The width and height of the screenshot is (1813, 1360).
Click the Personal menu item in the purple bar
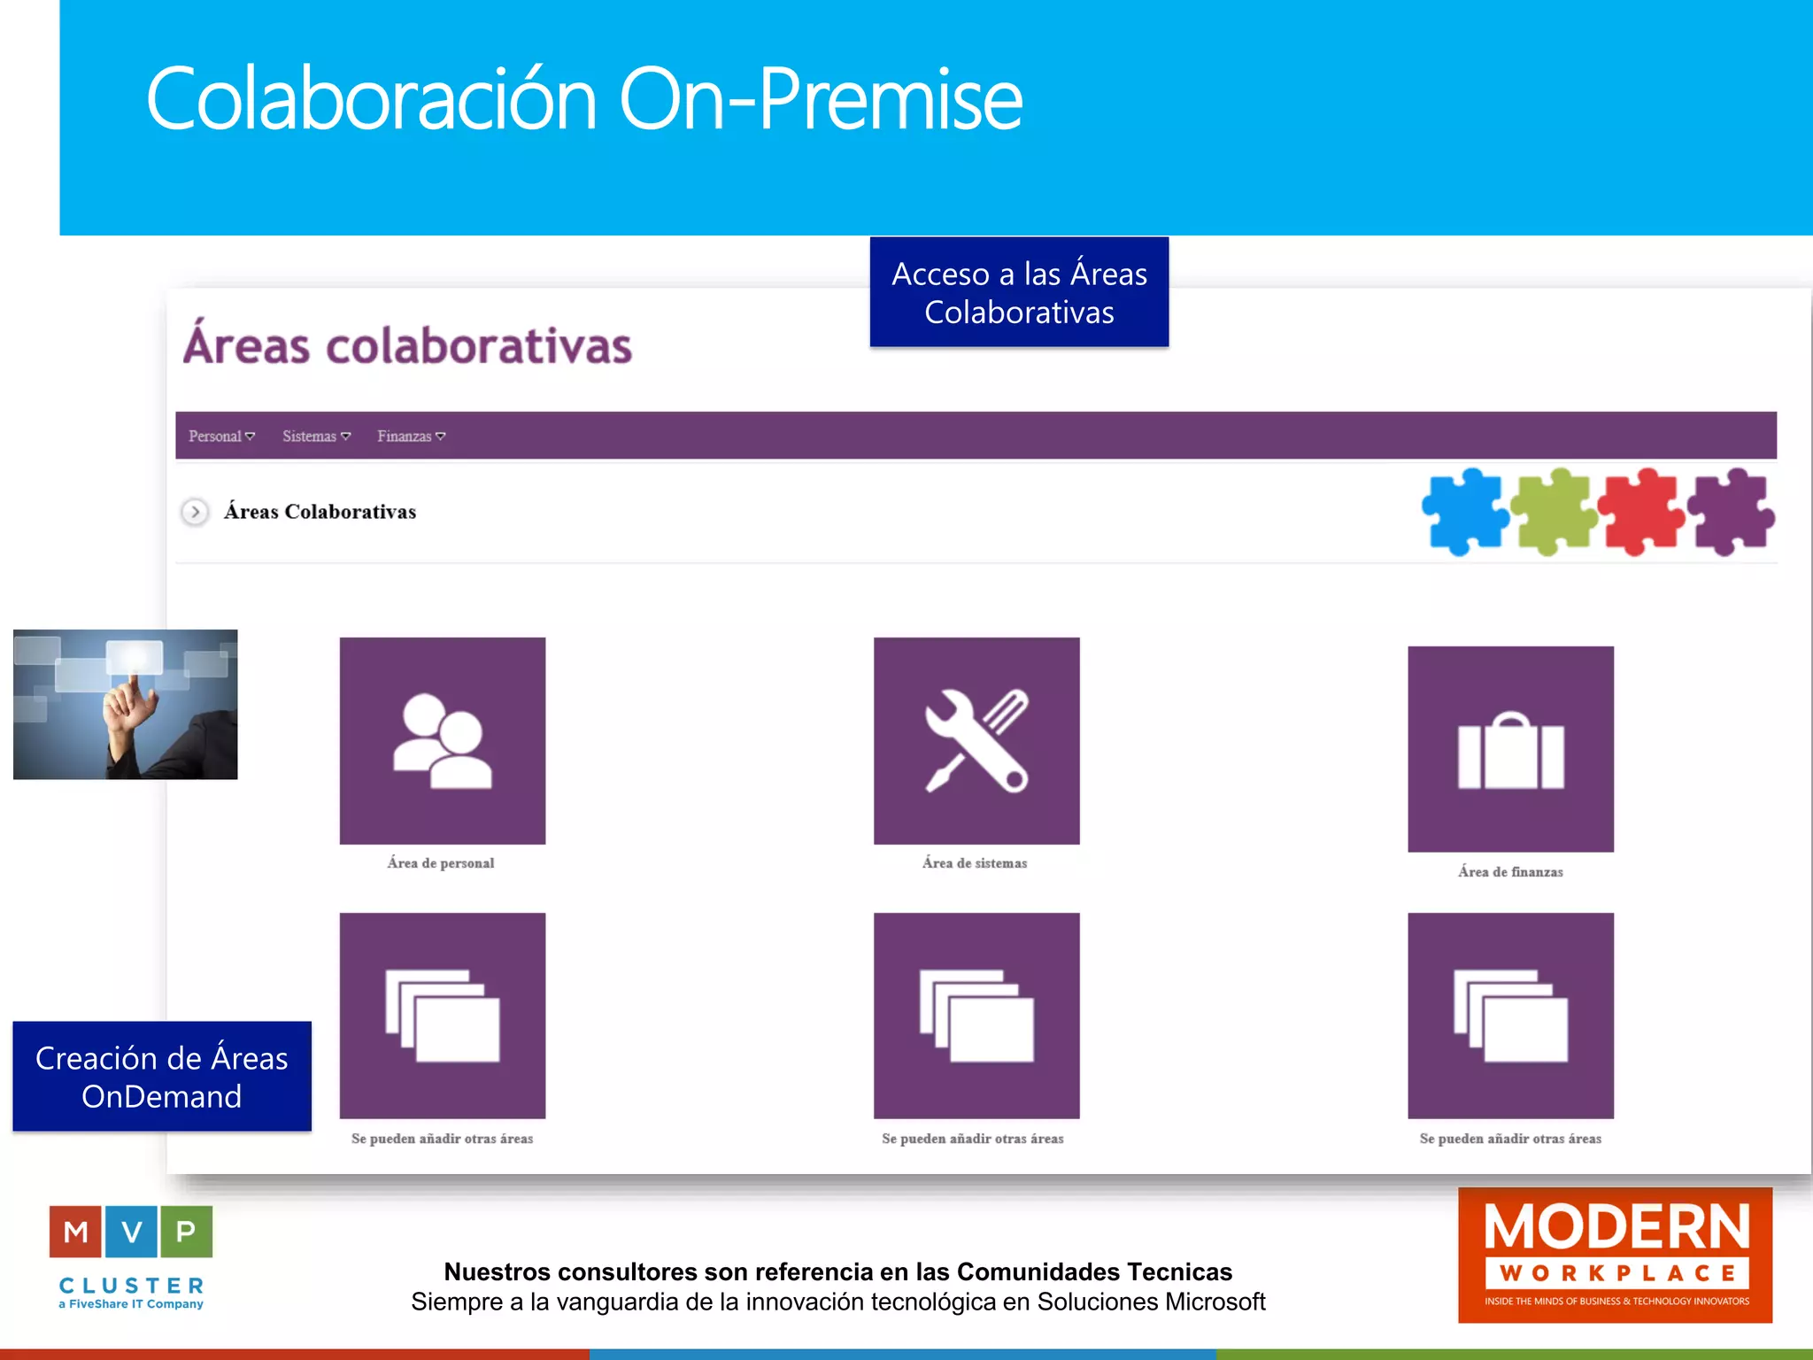(x=220, y=437)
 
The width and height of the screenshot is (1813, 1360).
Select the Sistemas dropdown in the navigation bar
(x=316, y=437)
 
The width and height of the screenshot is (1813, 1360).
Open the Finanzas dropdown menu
(x=411, y=437)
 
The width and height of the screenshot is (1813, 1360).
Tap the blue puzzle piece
(x=1465, y=512)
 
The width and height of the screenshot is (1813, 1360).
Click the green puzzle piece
(x=1554, y=512)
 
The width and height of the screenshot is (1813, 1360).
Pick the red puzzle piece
(x=1641, y=512)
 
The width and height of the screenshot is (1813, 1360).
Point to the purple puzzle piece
(x=1730, y=512)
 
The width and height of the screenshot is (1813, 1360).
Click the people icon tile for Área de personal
(x=443, y=740)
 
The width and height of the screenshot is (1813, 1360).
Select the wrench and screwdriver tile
(x=976, y=740)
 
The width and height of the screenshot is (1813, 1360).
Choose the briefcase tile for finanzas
(x=1510, y=749)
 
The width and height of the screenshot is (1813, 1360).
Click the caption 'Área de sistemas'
(x=975, y=863)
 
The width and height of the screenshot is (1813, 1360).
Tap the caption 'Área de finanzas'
(x=1510, y=872)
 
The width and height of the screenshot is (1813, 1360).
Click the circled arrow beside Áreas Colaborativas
(x=195, y=512)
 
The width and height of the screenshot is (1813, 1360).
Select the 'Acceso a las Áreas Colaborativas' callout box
(x=1019, y=292)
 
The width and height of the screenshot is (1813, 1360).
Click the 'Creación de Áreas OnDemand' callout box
(x=162, y=1077)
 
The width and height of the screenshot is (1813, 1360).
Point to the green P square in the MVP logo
(x=186, y=1232)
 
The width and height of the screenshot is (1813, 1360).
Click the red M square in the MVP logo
(x=76, y=1232)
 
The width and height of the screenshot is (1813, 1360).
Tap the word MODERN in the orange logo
(x=1616, y=1227)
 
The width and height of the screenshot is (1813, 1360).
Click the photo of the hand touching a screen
(x=126, y=705)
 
